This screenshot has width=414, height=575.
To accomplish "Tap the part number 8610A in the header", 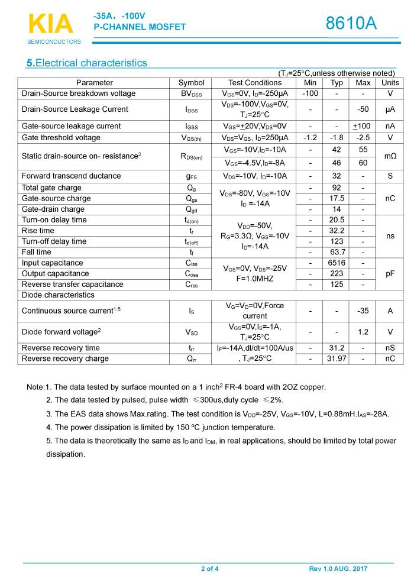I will pyautogui.click(x=351, y=23).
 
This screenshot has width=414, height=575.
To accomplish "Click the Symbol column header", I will pyautogui.click(x=191, y=83).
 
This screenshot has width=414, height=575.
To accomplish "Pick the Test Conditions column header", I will pyautogui.click(x=255, y=83).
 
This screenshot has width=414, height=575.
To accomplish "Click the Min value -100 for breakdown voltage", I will pyautogui.click(x=310, y=93).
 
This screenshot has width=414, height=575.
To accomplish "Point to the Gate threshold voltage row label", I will pyautogui.click(x=61, y=138).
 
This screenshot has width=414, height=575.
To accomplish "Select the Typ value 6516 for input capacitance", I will pyautogui.click(x=337, y=263).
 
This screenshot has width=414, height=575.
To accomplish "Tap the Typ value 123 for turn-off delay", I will pyautogui.click(x=337, y=241).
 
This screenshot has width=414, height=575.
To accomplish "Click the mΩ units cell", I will pyautogui.click(x=390, y=156).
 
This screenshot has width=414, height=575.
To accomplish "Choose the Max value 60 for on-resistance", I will pyautogui.click(x=363, y=163).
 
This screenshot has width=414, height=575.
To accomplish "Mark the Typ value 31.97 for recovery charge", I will pyautogui.click(x=337, y=358).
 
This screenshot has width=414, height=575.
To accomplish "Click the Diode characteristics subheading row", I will pyautogui.click(x=58, y=295).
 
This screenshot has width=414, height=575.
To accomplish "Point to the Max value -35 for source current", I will pyautogui.click(x=363, y=311).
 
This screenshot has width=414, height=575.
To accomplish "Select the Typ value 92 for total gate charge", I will pyautogui.click(x=337, y=188).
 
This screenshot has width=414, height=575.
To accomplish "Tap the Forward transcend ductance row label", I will pyautogui.click(x=71, y=176).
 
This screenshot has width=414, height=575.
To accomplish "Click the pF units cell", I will pyautogui.click(x=390, y=273).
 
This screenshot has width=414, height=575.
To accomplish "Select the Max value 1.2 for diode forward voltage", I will pyautogui.click(x=363, y=332).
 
